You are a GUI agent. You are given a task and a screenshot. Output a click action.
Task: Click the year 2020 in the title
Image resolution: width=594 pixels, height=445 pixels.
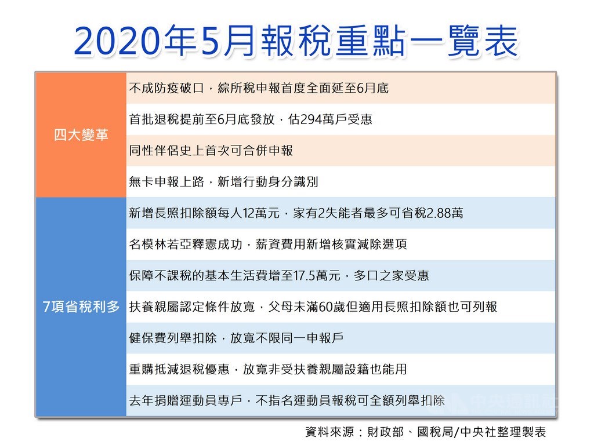pyautogui.click(x=116, y=41)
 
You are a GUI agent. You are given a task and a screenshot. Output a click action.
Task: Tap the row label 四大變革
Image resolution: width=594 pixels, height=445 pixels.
pyautogui.click(x=81, y=134)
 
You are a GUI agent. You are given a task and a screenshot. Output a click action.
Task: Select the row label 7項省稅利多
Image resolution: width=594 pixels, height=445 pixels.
pyautogui.click(x=81, y=307)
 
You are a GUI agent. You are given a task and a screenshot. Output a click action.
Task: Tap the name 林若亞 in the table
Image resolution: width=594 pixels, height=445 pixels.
pyautogui.click(x=173, y=244)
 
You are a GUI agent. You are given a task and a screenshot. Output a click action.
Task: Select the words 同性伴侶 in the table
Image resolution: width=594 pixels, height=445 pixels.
pyautogui.click(x=154, y=151)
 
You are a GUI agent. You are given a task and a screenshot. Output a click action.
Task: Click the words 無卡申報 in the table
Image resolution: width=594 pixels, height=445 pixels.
pyautogui.click(x=154, y=182)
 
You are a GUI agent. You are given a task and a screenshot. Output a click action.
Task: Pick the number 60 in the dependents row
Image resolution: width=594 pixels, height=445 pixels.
pyautogui.click(x=326, y=307)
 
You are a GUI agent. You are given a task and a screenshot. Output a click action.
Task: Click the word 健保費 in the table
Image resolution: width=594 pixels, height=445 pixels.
pyautogui.click(x=148, y=338)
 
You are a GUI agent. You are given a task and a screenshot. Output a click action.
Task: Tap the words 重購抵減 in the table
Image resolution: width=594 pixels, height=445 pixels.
pyautogui.click(x=154, y=369)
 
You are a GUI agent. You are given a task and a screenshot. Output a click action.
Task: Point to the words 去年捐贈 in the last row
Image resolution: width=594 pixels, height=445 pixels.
pyautogui.click(x=154, y=400)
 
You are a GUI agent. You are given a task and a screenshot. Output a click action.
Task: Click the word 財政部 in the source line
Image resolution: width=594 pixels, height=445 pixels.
pyautogui.click(x=385, y=432)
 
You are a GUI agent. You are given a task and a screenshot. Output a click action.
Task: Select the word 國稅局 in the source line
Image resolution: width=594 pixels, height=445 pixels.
pyautogui.click(x=435, y=432)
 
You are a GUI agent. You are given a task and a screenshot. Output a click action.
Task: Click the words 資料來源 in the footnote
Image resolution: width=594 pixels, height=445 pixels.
pyautogui.click(x=329, y=432)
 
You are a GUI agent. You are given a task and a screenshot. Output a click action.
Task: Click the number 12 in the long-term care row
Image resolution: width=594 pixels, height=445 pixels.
pyautogui.click(x=249, y=213)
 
